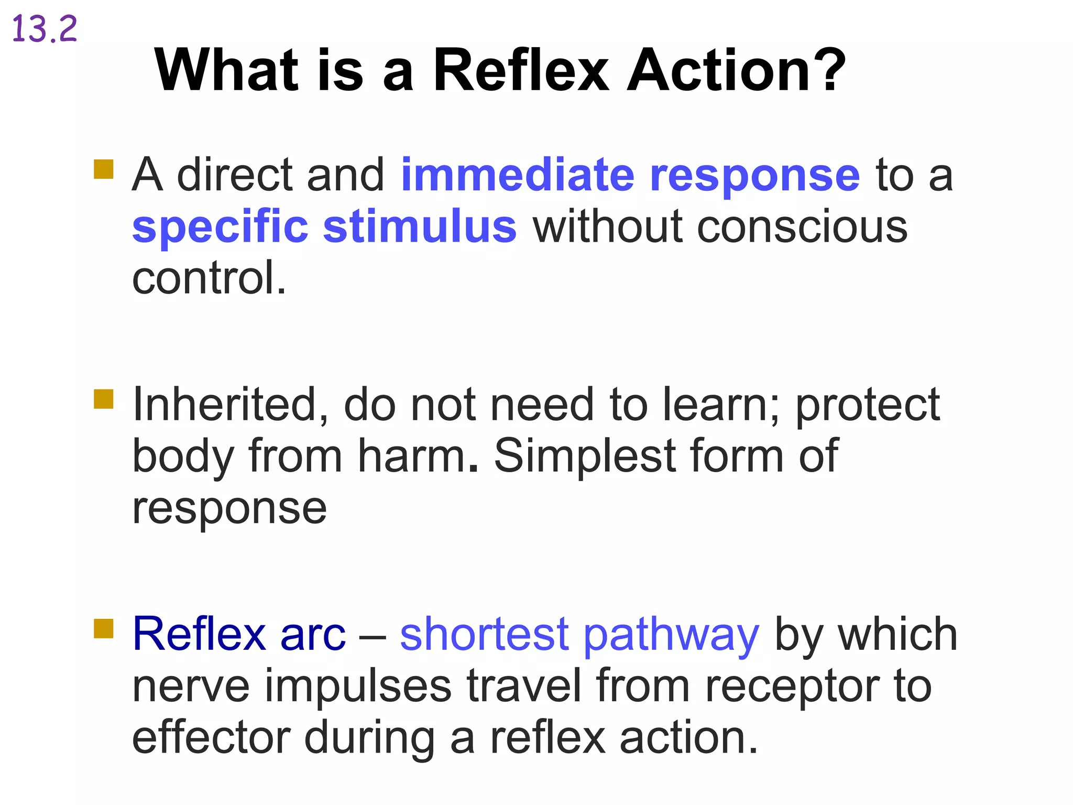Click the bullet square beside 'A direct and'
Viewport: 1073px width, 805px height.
[x=104, y=169]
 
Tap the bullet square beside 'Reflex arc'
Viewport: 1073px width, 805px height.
[x=104, y=628]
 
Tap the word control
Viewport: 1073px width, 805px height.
[x=209, y=278]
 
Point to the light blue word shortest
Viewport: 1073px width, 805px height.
[x=484, y=634]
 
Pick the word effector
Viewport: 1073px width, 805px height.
[x=211, y=737]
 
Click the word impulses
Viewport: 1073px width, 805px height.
[x=357, y=687]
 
